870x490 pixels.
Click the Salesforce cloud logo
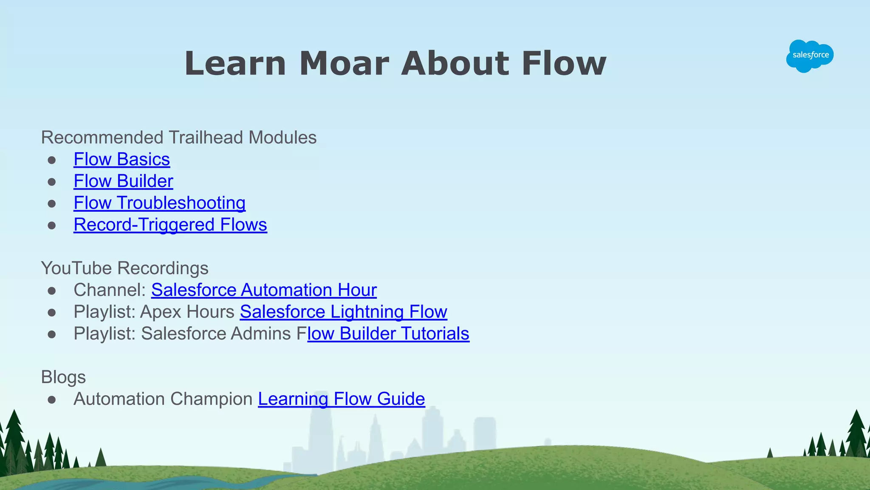810,56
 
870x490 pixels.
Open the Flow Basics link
121,159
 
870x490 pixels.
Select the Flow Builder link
123,181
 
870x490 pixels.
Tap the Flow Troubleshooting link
159,203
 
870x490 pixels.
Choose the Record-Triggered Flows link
170,225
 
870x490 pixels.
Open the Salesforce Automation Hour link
264,290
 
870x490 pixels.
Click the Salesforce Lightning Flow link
343,312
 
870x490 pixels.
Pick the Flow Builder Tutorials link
388,334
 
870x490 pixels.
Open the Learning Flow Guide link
341,399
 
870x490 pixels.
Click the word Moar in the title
344,64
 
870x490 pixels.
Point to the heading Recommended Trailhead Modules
178,138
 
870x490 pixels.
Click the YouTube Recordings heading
124,268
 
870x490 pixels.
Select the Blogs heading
63,377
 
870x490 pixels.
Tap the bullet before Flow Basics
52,160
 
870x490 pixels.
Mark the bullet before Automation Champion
52,400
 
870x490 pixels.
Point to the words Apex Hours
187,312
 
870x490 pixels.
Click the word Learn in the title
235,64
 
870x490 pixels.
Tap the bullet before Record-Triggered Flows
52,226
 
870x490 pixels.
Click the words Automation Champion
163,399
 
